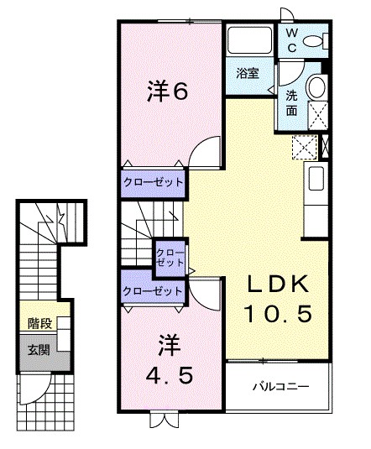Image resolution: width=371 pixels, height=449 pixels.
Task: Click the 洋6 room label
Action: pyautogui.click(x=168, y=90)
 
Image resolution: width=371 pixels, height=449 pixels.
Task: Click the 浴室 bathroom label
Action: pyautogui.click(x=247, y=73)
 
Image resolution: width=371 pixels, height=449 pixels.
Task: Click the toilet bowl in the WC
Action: pyautogui.click(x=314, y=41)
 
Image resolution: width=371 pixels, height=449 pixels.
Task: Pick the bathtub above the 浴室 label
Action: pyautogui.click(x=248, y=41)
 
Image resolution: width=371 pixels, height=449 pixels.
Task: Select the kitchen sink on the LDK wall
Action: pyautogui.click(x=317, y=179)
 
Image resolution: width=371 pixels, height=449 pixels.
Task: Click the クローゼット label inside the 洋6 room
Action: pyautogui.click(x=152, y=182)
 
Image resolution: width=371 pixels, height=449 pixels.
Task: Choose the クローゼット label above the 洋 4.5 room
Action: pyautogui.click(x=152, y=290)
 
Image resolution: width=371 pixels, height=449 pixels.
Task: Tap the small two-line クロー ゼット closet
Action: pyautogui.click(x=170, y=257)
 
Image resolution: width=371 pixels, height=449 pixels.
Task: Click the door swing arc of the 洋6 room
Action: pyautogui.click(x=203, y=156)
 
